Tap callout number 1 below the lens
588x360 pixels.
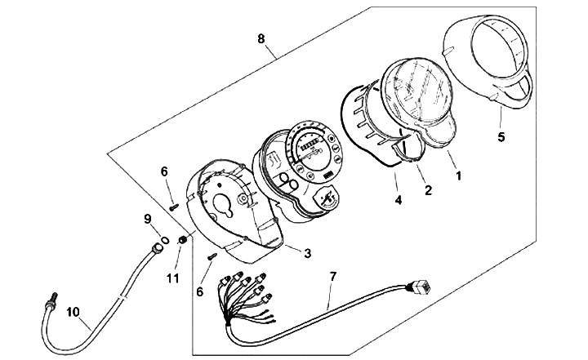click(x=458, y=175)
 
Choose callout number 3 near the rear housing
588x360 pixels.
click(x=307, y=253)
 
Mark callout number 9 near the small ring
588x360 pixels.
click(x=148, y=218)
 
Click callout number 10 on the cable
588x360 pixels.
click(x=73, y=310)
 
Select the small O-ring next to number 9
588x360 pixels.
click(x=164, y=240)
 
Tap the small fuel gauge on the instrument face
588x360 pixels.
click(x=330, y=197)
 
